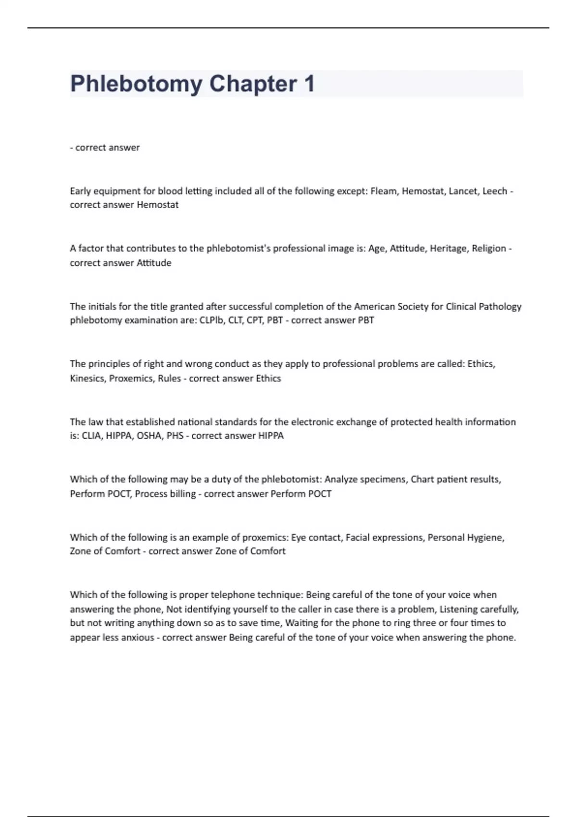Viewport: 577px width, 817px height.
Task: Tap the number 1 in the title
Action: pyautogui.click(x=309, y=84)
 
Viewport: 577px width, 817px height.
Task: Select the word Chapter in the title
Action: pyautogui.click(x=253, y=84)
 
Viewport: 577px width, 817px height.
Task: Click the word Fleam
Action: pyautogui.click(x=384, y=191)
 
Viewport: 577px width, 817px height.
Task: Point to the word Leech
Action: pyautogui.click(x=495, y=191)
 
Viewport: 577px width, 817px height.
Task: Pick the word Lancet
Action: pyautogui.click(x=463, y=191)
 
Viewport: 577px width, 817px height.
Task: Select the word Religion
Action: pyautogui.click(x=489, y=248)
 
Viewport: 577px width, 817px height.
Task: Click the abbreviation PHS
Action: pyautogui.click(x=175, y=436)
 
